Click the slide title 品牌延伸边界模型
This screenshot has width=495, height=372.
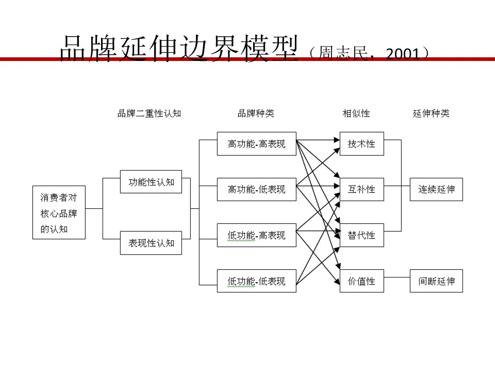click(x=179, y=49)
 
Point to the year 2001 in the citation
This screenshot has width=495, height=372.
click(x=403, y=54)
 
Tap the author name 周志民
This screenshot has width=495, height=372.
click(x=343, y=53)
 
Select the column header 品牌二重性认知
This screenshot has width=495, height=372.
click(x=150, y=113)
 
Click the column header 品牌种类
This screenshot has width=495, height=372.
click(x=256, y=113)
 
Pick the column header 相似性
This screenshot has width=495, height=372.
click(x=356, y=113)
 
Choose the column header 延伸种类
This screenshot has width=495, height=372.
click(x=431, y=113)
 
